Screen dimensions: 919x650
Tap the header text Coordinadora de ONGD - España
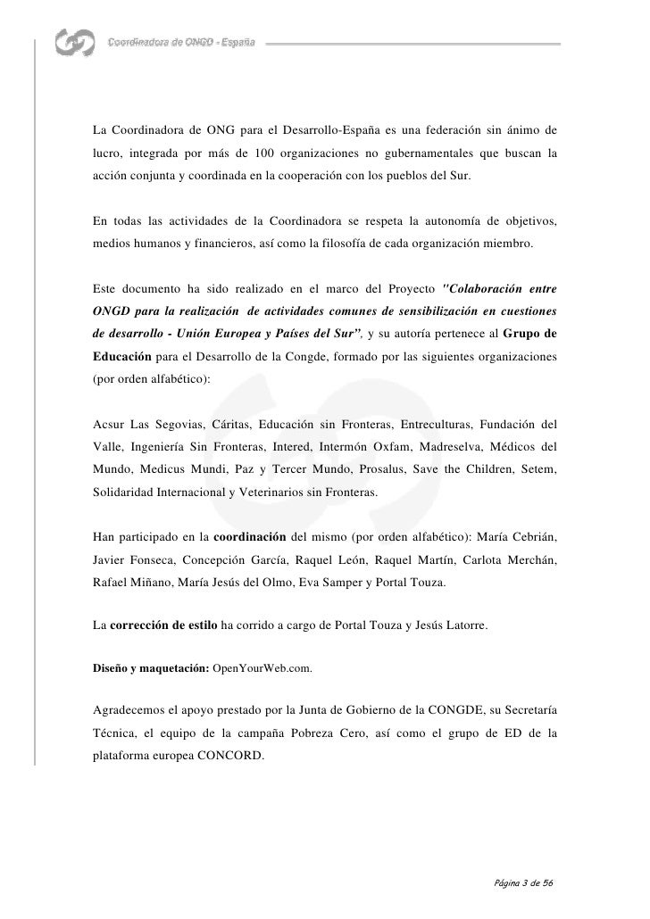tap(181, 43)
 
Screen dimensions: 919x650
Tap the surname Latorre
tap(462, 627)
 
